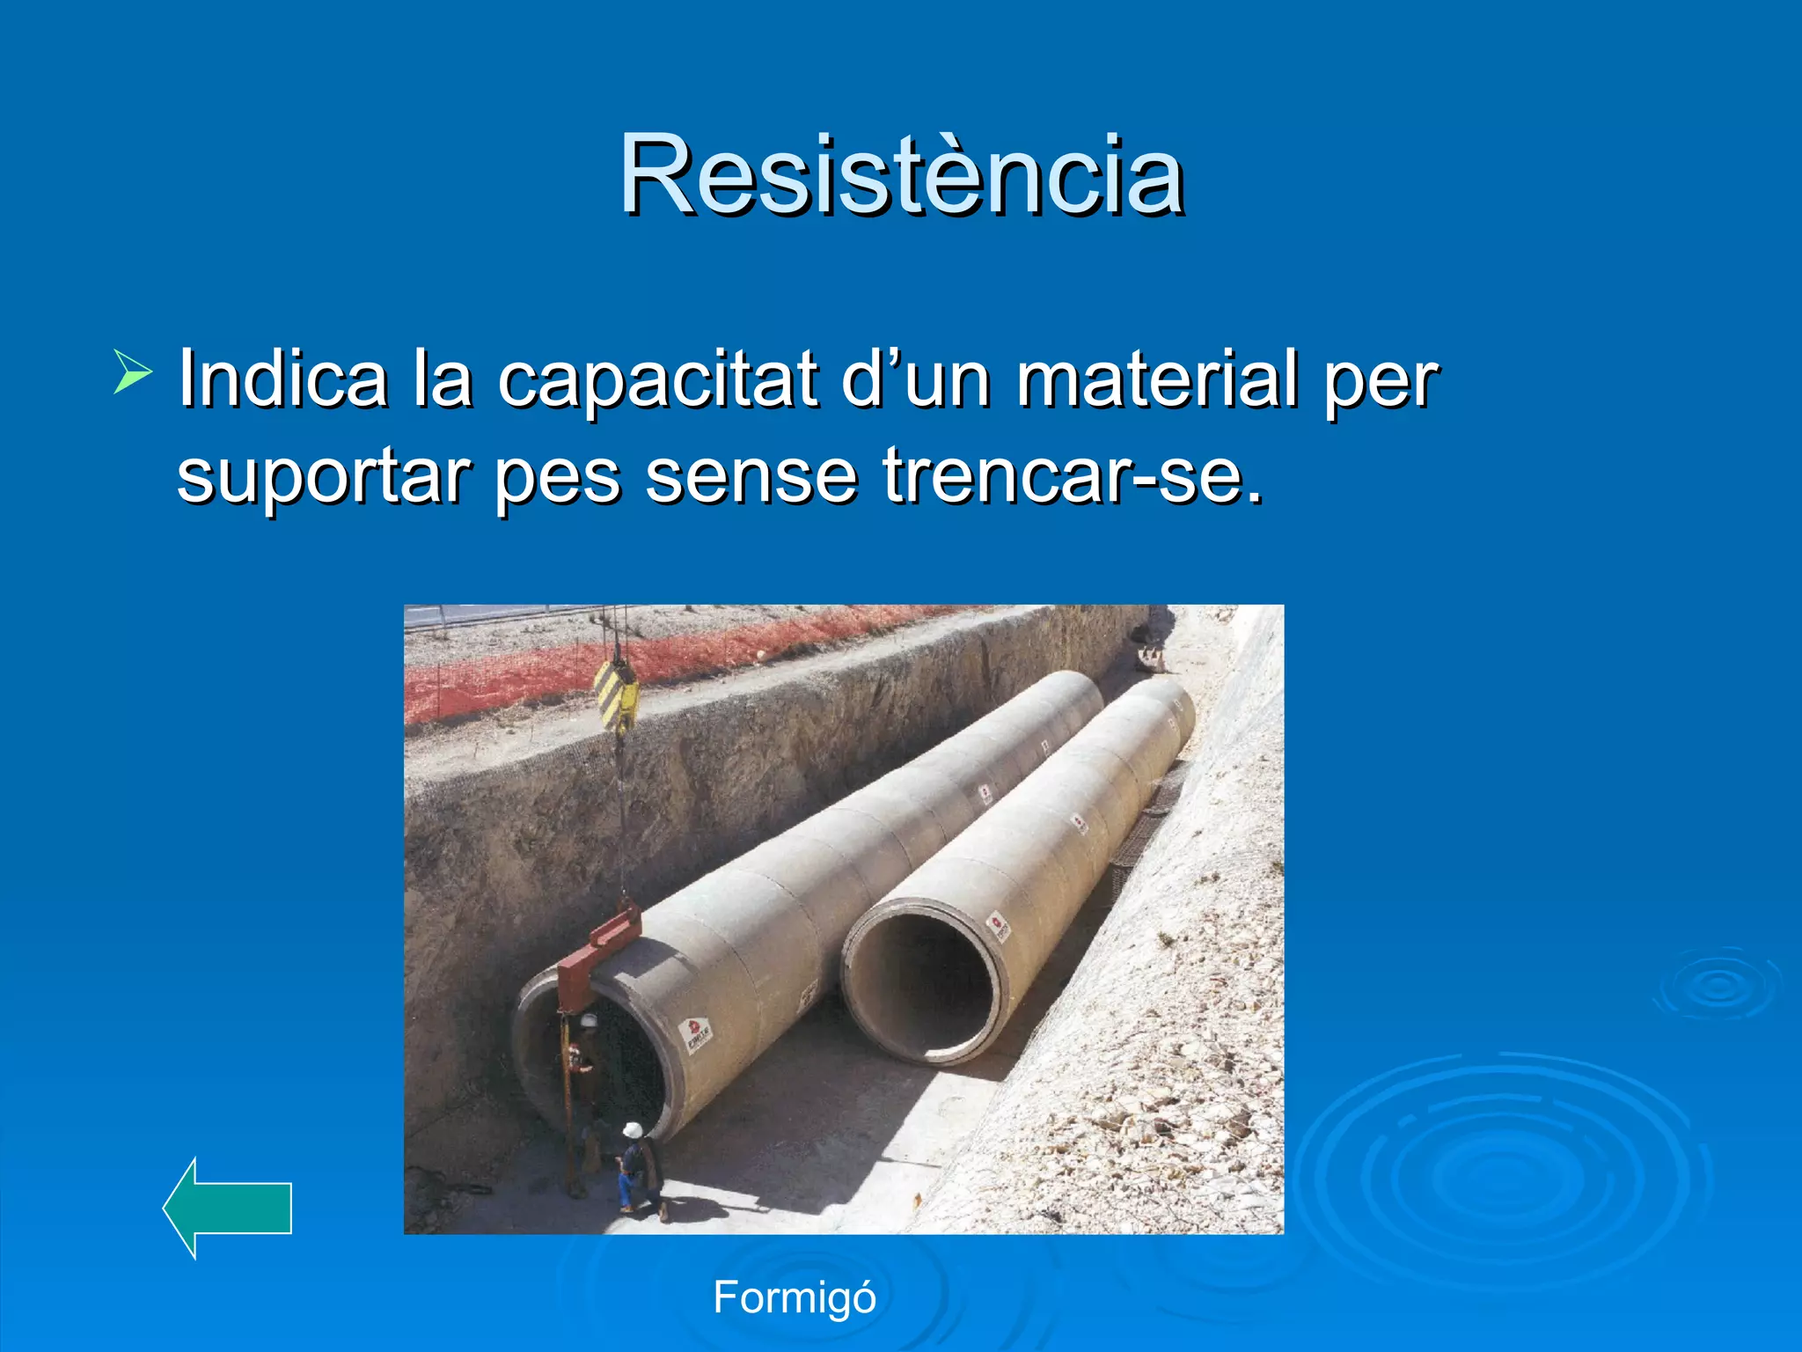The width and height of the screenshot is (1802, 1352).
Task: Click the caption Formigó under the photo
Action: click(795, 1297)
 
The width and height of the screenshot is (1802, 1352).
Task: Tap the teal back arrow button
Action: click(228, 1208)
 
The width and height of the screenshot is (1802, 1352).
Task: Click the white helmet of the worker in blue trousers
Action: click(632, 1129)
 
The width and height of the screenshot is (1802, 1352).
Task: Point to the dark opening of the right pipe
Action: click(924, 986)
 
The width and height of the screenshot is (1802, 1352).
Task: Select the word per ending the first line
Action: click(1381, 380)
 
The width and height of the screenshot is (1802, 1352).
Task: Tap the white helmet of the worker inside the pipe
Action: click(588, 1021)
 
